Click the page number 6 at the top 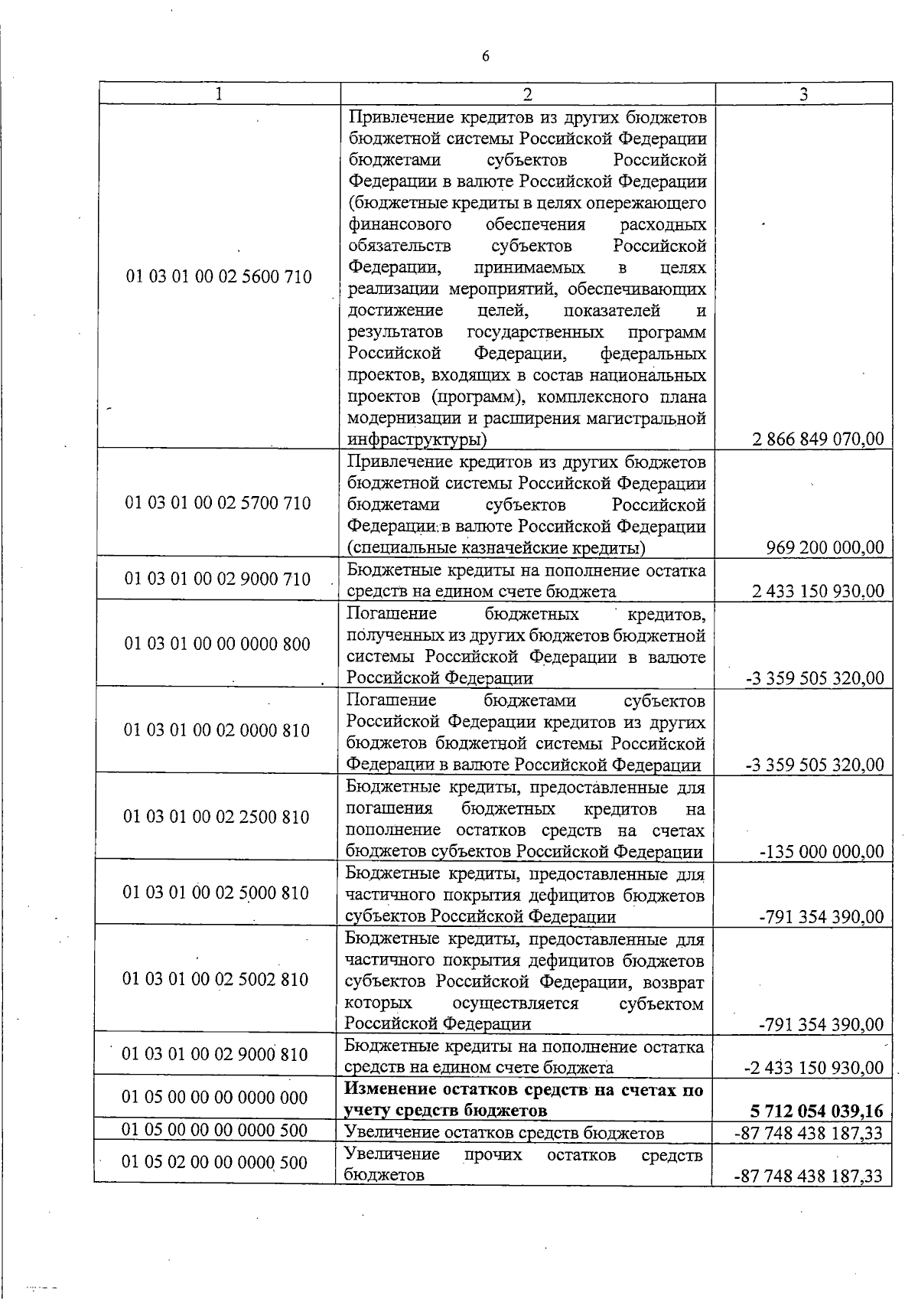486,57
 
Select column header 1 219,93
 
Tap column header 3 803,93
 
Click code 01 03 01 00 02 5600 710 219,277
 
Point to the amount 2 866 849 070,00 818,439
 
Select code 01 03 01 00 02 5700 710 218,503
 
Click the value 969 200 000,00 825,547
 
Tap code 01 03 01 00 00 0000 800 217,644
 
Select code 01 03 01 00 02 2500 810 216,817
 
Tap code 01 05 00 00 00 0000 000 215,1098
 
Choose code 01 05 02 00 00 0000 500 215,1163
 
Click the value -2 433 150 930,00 814,1068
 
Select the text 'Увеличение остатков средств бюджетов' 504,1133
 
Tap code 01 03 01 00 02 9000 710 218,579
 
